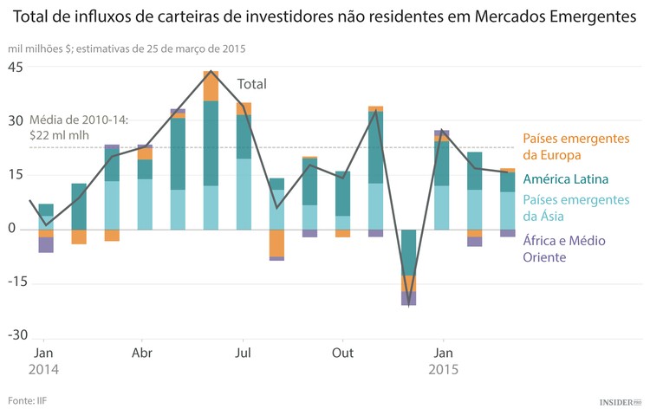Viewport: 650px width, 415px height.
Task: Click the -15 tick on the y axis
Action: click(x=16, y=282)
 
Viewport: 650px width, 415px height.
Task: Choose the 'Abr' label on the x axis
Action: click(x=143, y=353)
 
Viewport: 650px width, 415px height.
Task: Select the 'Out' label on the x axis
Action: click(x=343, y=353)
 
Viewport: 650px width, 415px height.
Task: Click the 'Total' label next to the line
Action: click(x=252, y=84)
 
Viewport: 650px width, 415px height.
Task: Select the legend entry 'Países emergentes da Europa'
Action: click(x=575, y=147)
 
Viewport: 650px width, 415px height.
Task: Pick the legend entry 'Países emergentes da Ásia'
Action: click(x=575, y=209)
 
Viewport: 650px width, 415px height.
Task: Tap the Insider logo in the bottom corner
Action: click(x=621, y=402)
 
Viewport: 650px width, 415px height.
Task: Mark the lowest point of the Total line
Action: click(x=408, y=304)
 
